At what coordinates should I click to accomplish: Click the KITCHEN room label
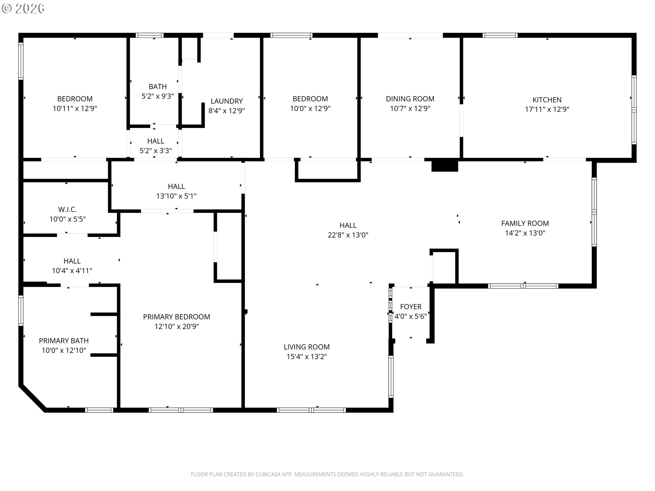(x=547, y=100)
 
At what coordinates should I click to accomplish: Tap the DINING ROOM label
(x=410, y=99)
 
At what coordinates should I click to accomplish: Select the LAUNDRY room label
(x=227, y=101)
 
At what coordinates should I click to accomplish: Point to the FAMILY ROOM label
(x=525, y=223)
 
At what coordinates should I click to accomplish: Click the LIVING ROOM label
(x=307, y=347)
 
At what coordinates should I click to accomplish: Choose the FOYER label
(x=411, y=307)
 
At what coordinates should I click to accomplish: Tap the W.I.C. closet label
(x=68, y=209)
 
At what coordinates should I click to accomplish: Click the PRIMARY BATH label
(x=64, y=341)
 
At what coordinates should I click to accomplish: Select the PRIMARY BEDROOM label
(x=176, y=317)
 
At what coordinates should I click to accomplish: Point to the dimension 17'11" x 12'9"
(x=547, y=109)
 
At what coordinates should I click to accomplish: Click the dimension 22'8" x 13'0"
(x=348, y=235)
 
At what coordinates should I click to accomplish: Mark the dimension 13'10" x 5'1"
(x=176, y=196)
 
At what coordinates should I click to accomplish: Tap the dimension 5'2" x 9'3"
(x=158, y=96)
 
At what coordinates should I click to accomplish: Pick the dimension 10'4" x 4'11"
(x=72, y=271)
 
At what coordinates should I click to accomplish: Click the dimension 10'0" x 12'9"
(x=310, y=108)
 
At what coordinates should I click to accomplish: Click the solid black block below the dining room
(x=445, y=165)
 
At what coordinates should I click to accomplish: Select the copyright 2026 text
(x=23, y=9)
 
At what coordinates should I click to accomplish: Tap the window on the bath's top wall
(x=149, y=35)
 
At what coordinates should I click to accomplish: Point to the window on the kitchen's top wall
(x=500, y=35)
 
